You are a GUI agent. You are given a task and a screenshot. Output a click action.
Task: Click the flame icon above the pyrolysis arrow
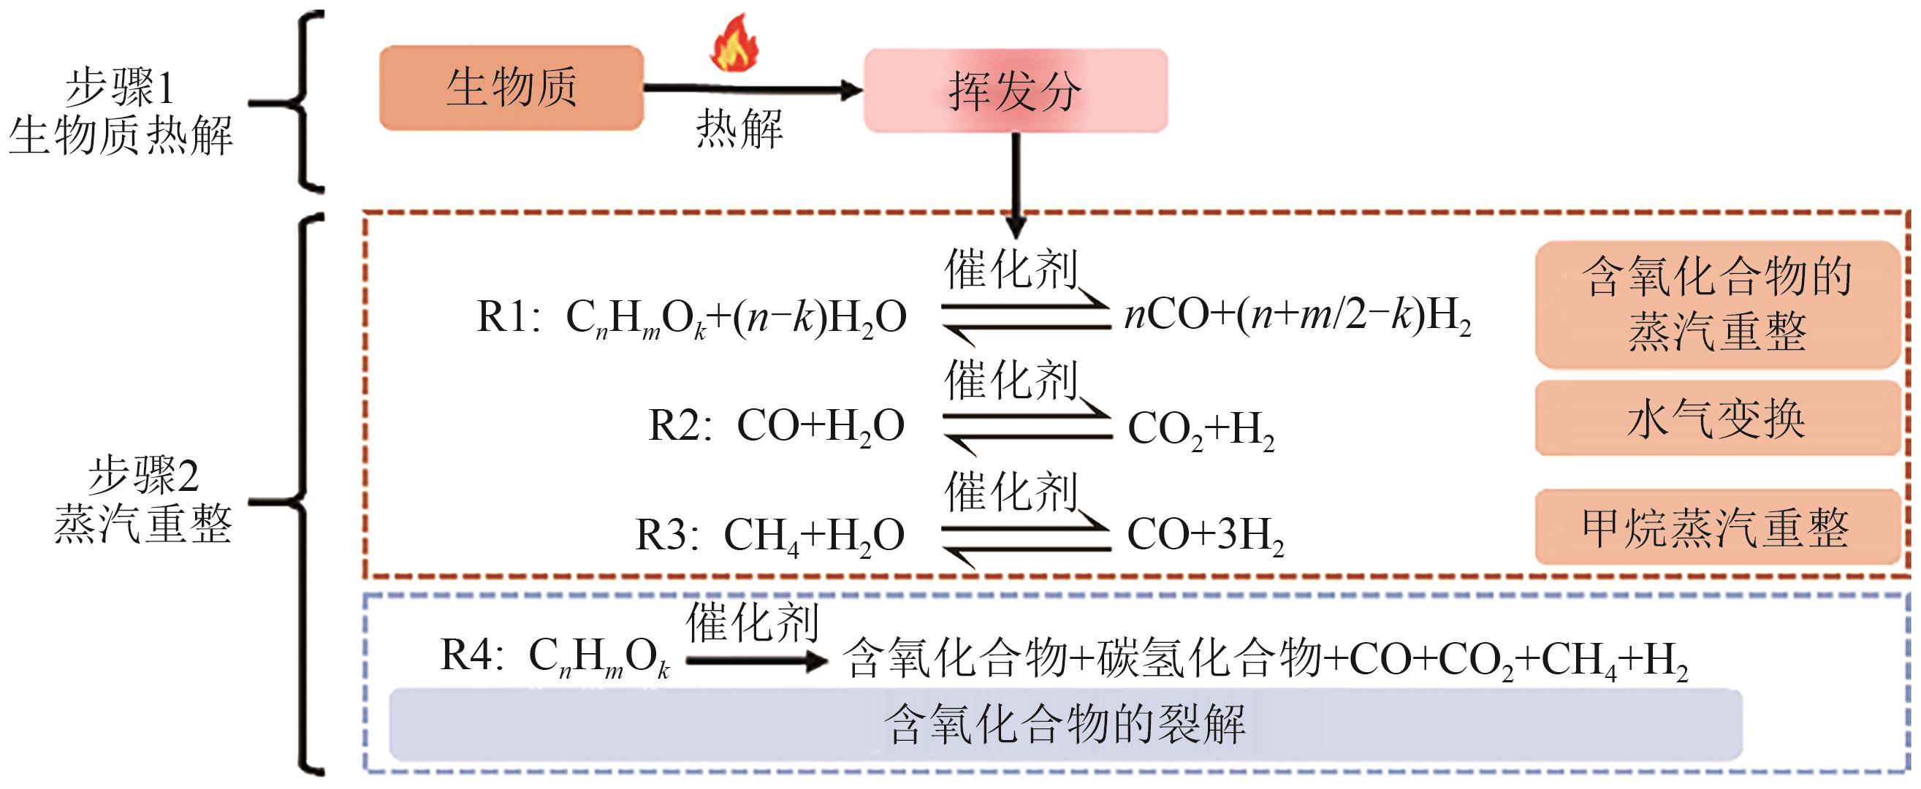point(734,43)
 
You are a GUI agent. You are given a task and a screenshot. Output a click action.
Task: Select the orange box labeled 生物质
point(511,88)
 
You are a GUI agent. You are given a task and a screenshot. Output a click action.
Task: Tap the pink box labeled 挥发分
point(1015,91)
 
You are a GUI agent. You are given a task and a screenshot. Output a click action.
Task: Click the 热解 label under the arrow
point(739,129)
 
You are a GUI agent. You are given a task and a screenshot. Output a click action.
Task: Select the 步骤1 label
point(119,88)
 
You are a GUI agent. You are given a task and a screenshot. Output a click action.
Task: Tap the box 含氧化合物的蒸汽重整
point(1716,304)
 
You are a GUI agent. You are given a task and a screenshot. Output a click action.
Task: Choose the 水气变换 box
point(1716,419)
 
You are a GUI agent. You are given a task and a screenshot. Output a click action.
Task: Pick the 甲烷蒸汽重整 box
point(1716,527)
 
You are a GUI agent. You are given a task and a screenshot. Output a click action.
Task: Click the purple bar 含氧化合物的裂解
point(1065,724)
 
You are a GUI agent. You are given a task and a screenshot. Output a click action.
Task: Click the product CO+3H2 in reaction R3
point(1205,535)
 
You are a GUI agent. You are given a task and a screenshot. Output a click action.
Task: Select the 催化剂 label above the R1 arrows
point(1011,270)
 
